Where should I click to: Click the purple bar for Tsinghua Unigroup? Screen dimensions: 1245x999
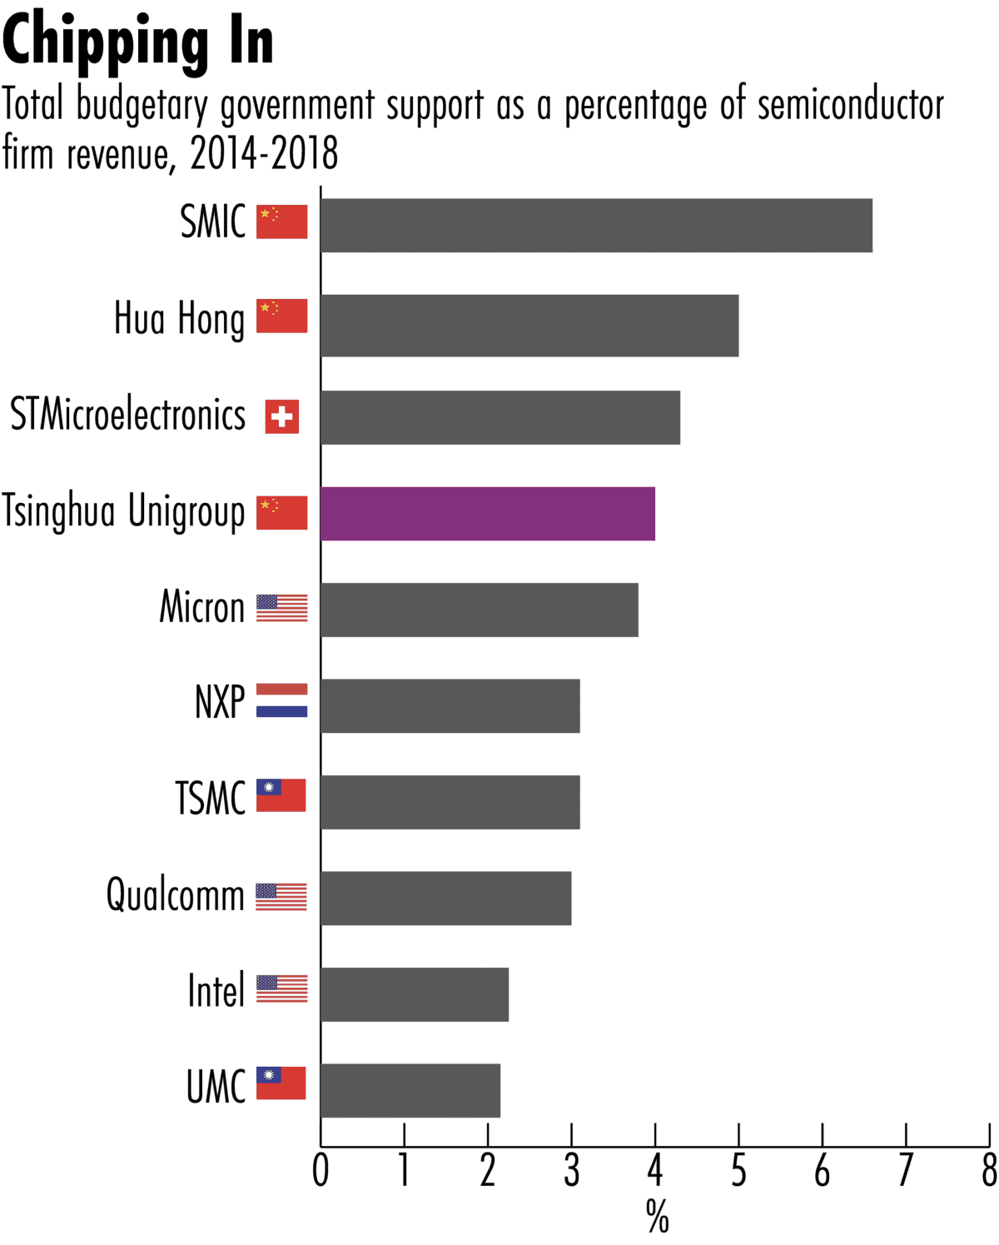click(x=488, y=514)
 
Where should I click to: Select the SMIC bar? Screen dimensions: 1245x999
click(x=596, y=225)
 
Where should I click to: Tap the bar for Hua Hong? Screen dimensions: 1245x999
click(x=529, y=325)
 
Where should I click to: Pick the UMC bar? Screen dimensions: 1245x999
click(x=410, y=1090)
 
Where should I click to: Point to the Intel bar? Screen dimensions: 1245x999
click(x=415, y=994)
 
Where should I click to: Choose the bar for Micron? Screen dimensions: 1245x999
click(x=480, y=610)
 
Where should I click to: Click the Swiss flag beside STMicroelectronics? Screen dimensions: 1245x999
click(x=282, y=416)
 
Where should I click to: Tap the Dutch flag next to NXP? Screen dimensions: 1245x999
click(x=281, y=700)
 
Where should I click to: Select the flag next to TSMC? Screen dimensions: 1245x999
click(x=281, y=795)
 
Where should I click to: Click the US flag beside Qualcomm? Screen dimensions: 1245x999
click(x=281, y=897)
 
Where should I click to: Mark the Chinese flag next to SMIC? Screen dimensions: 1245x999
click(x=281, y=222)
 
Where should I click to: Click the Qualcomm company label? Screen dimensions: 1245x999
click(x=175, y=896)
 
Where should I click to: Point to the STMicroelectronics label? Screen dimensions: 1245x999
click(x=127, y=415)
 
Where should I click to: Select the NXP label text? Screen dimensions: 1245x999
click(x=220, y=701)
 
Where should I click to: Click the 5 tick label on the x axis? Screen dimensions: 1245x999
click(x=738, y=1171)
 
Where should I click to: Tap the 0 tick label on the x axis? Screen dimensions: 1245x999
click(x=321, y=1171)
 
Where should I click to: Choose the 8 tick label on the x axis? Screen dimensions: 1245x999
click(x=989, y=1171)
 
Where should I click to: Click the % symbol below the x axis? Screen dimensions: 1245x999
click(x=657, y=1217)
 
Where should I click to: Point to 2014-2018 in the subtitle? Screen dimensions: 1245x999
click(x=264, y=153)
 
